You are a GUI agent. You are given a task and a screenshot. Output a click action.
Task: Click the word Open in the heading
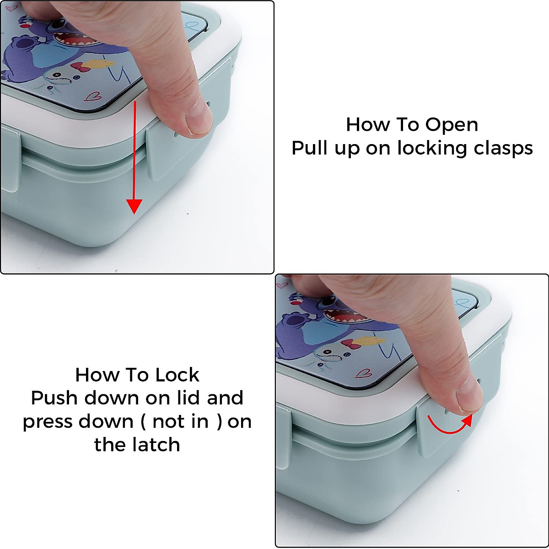click(x=452, y=125)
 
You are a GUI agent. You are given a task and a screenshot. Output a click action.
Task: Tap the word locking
click(x=432, y=149)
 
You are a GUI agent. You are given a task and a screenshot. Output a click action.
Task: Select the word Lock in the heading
click(x=177, y=375)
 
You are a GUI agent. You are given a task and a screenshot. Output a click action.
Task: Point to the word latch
click(x=156, y=445)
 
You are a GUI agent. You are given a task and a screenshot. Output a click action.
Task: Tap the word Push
click(x=54, y=398)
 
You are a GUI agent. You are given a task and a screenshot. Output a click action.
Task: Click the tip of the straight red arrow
click(x=134, y=214)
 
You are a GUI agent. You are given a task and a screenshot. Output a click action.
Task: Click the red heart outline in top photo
click(x=93, y=96)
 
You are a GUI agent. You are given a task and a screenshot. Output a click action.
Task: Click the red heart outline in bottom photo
click(x=364, y=373)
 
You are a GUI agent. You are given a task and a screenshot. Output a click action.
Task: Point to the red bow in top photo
click(x=79, y=68)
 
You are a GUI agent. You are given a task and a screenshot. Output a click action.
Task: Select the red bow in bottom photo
click(x=350, y=344)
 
